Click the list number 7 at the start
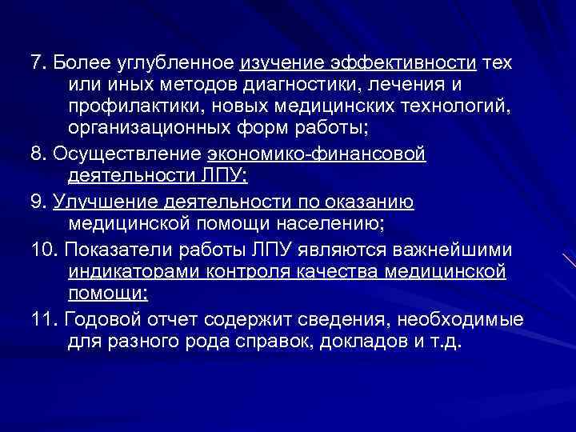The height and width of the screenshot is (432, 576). [34, 62]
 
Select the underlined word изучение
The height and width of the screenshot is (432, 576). [277, 62]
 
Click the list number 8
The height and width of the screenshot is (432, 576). [34, 154]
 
